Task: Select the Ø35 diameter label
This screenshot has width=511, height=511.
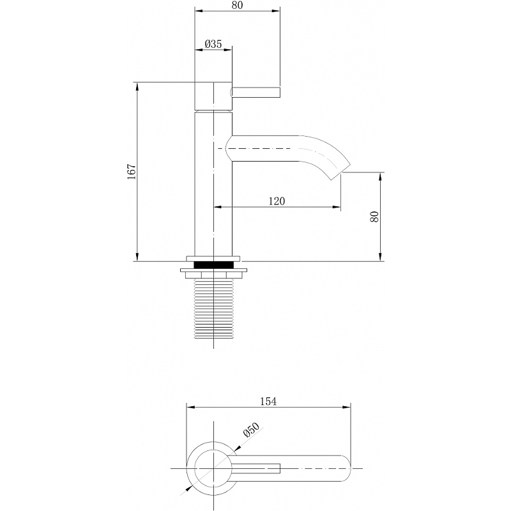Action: pos(213,44)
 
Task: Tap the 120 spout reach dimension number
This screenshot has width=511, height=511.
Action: pos(276,201)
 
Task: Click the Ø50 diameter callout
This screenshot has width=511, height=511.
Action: pos(250,432)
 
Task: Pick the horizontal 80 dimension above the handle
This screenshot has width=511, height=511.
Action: pos(237,5)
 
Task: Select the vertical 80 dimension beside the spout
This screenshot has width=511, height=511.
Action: pos(376,217)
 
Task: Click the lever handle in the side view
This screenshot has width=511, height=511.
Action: pos(256,93)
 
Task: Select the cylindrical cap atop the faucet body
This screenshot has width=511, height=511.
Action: pos(213,96)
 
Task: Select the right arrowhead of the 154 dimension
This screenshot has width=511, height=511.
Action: pos(347,408)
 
